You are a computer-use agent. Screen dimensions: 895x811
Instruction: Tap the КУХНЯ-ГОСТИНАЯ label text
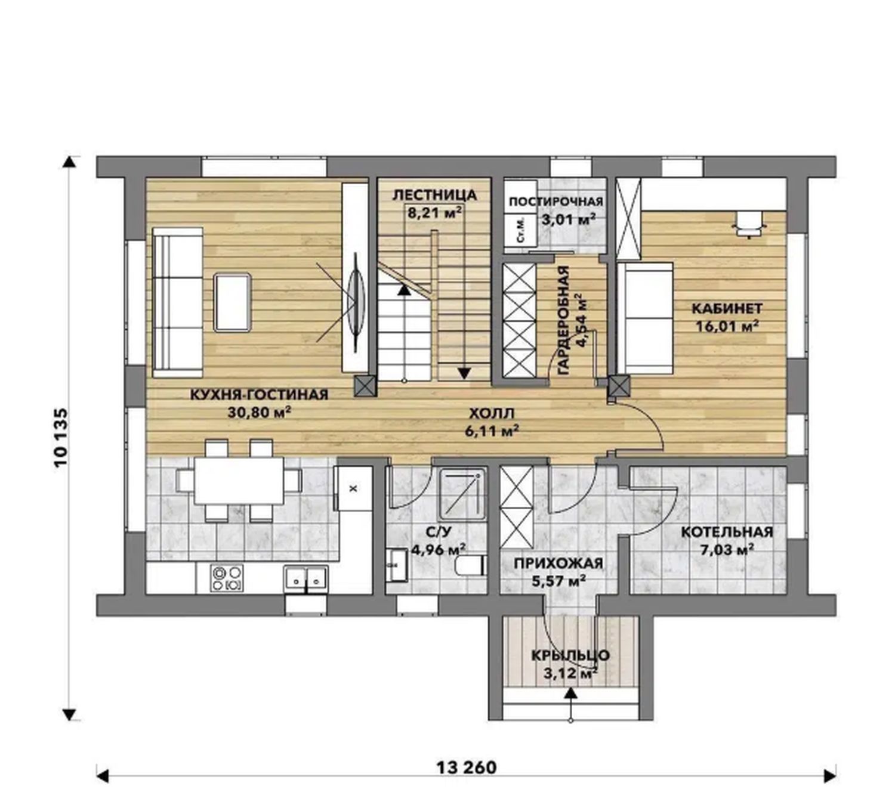pyautogui.click(x=259, y=395)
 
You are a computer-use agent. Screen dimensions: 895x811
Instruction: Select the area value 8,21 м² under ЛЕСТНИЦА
pyautogui.click(x=434, y=212)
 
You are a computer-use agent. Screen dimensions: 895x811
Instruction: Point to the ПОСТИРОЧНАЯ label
pyautogui.click(x=556, y=202)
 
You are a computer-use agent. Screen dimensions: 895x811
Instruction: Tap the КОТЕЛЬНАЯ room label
pyautogui.click(x=727, y=532)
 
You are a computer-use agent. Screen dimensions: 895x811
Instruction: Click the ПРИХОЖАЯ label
pyautogui.click(x=558, y=564)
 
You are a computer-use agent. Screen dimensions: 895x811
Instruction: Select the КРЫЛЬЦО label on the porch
pyautogui.click(x=570, y=655)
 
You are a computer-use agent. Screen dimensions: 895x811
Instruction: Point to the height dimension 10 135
pyautogui.click(x=61, y=437)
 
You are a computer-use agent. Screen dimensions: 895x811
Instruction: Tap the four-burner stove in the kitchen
pyautogui.click(x=227, y=578)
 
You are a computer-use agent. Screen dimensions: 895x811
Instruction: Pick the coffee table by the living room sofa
pyautogui.click(x=232, y=302)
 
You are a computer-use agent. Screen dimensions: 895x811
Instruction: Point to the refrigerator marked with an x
pyautogui.click(x=353, y=488)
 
